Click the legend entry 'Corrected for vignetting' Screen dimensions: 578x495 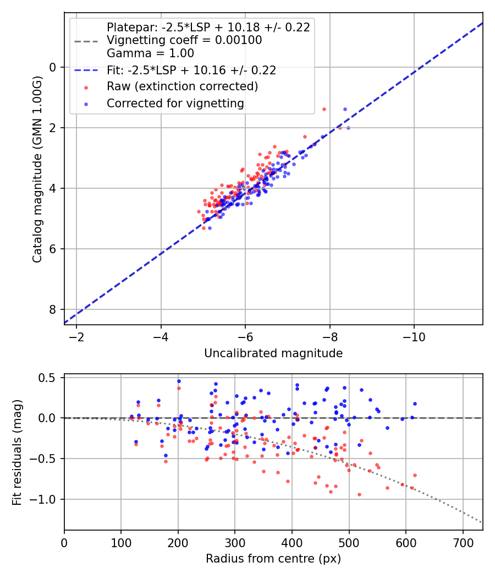coord(175,103)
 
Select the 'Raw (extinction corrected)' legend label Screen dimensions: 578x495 coord(182,86)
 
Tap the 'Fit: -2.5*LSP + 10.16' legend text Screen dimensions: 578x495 coord(191,70)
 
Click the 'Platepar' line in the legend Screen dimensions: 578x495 coord(208,27)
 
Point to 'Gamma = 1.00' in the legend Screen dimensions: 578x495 coord(150,53)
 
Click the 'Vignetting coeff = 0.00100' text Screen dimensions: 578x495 coord(184,40)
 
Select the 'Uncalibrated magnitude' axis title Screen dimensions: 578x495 coord(273,353)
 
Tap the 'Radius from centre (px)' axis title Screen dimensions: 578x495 coord(273,559)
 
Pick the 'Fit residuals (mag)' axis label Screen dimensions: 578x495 coord(17,451)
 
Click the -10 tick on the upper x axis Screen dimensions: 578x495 coord(414,337)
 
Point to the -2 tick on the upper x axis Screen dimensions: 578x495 coord(76,337)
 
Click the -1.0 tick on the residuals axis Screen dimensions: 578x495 coord(46,499)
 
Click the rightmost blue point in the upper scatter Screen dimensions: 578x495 coord(348,128)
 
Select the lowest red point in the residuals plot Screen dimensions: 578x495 coord(359,494)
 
